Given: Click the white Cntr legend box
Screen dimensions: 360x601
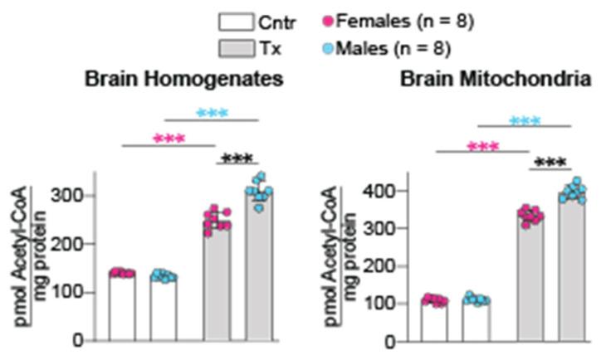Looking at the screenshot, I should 242,22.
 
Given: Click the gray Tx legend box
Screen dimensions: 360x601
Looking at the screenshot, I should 242,49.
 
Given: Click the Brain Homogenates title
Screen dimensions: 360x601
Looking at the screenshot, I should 183,80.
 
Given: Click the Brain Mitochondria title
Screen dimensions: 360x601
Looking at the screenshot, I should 496,80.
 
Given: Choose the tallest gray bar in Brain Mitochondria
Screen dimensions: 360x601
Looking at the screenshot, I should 571,265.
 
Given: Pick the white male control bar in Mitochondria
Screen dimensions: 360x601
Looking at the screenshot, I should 476,319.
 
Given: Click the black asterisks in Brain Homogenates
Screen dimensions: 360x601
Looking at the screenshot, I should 238,158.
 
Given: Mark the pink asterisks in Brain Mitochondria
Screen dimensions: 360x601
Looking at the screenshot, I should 482,147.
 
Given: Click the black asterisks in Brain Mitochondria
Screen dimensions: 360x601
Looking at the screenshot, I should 550,163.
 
